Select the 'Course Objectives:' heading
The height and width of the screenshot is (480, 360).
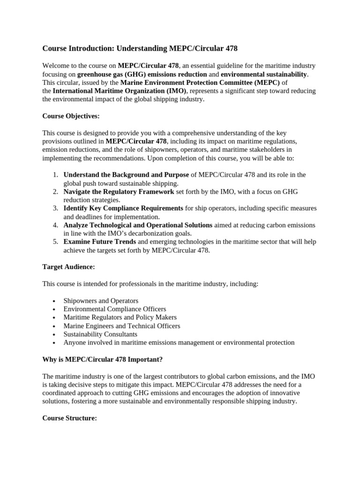point(71,116)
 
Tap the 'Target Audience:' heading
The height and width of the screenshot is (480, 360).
point(68,266)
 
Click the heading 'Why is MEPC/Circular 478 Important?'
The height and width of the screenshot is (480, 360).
point(103,360)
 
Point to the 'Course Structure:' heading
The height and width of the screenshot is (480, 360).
point(69,418)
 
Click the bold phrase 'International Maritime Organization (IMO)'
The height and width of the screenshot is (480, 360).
point(120,91)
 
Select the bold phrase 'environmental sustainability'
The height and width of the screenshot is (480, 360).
point(264,74)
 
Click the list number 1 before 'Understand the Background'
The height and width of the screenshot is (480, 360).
point(55,175)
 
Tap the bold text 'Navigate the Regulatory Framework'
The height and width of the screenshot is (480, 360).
point(119,192)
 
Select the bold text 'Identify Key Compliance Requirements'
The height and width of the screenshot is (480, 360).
point(123,208)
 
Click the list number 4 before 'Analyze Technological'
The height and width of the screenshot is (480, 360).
point(55,225)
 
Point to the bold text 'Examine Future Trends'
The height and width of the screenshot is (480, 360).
point(100,242)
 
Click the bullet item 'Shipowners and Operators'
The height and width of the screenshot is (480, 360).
point(101,300)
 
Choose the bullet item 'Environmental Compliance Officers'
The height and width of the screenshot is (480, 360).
point(114,309)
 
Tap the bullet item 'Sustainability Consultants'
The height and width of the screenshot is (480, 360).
point(100,334)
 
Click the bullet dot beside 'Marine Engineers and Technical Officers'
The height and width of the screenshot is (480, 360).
point(55,326)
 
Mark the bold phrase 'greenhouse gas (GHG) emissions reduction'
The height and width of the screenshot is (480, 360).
point(142,74)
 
